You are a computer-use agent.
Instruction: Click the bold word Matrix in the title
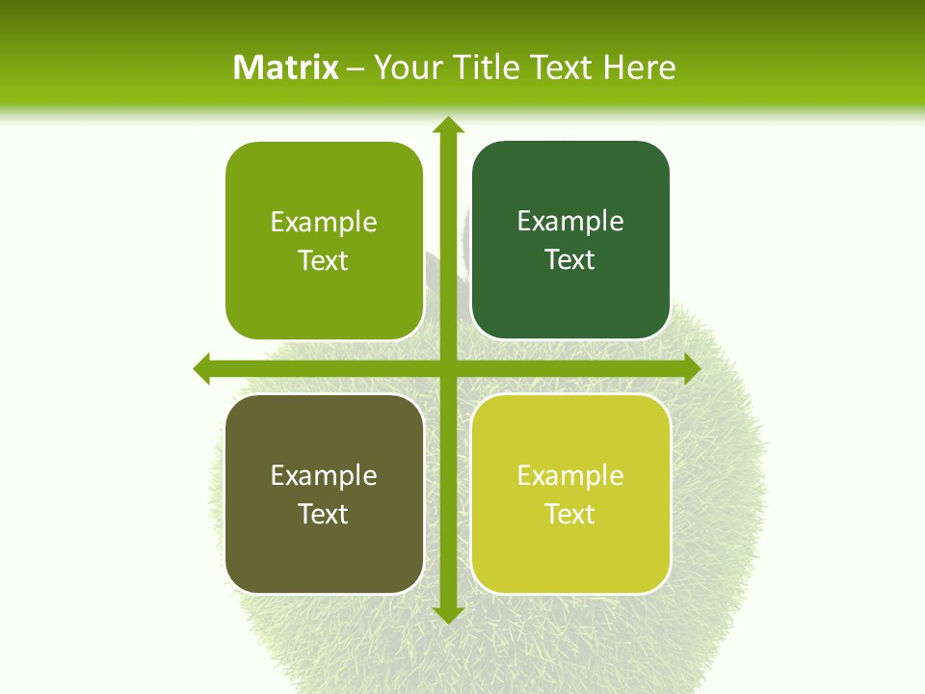tap(286, 67)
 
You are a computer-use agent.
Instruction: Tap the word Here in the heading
tap(639, 67)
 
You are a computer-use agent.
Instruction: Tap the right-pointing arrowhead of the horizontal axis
tap(691, 368)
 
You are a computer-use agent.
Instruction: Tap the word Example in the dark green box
tap(570, 222)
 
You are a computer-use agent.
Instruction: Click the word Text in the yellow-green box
tap(570, 515)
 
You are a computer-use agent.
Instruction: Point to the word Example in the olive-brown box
tap(324, 475)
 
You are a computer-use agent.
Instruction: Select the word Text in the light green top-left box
tap(324, 261)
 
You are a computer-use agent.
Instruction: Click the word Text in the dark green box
tap(570, 260)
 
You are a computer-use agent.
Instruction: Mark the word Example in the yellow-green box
tap(570, 475)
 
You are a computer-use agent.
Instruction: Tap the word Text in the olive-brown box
tap(324, 515)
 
